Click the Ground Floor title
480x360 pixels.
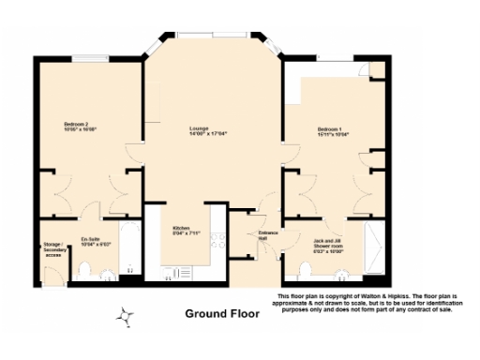click(220, 313)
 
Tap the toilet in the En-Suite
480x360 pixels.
click(83, 272)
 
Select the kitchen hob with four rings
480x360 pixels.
click(219, 240)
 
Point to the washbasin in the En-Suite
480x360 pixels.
click(106, 275)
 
